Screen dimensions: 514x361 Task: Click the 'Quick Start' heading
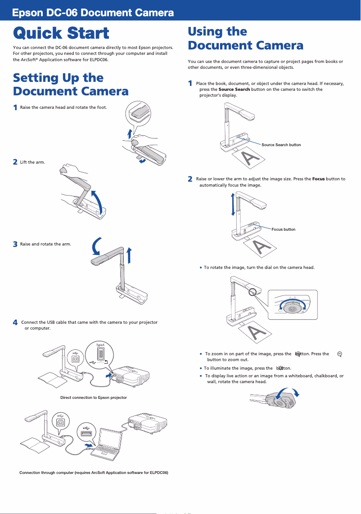pyautogui.click(x=61, y=33)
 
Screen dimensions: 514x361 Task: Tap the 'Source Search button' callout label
pyautogui.click(x=281, y=145)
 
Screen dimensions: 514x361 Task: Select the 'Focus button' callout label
pyautogui.click(x=283, y=229)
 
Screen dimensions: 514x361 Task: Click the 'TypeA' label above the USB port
pyautogui.click(x=100, y=344)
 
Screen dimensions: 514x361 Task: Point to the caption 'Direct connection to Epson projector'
pyautogui.click(x=94, y=398)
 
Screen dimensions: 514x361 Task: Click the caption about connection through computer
pyautogui.click(x=94, y=473)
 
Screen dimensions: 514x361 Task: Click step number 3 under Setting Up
pyautogui.click(x=15, y=244)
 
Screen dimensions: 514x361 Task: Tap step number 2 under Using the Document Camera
pyautogui.click(x=190, y=179)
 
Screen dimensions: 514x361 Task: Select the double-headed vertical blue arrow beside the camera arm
pyautogui.click(x=233, y=204)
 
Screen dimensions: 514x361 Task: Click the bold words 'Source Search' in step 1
pyautogui.click(x=234, y=89)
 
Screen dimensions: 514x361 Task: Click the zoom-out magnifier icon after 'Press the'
pyautogui.click(x=339, y=354)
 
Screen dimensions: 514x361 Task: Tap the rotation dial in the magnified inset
pyautogui.click(x=292, y=309)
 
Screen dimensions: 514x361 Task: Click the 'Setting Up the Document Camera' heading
pyautogui.click(x=71, y=85)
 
